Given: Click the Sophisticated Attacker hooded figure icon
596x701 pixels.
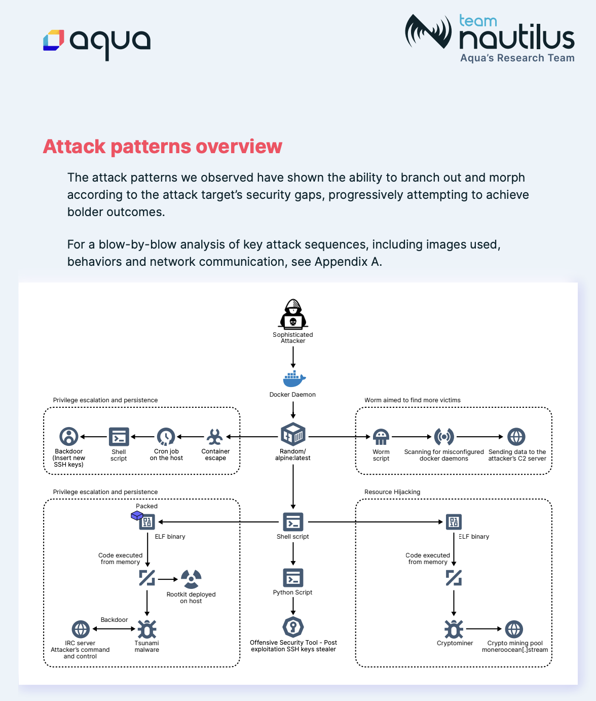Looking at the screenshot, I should pos(293,314).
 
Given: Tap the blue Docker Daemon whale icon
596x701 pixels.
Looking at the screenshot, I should pos(294,379).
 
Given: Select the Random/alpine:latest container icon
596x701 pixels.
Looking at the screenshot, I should pos(293,435).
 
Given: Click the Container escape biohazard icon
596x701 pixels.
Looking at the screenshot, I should pos(215,437).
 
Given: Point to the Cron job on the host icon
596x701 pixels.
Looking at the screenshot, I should pos(166,437).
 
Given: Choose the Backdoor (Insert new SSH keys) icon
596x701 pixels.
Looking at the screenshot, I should pos(69,437).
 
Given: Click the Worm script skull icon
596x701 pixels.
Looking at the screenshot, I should pos(381,437).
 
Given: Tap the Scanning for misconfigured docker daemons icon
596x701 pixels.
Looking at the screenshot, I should pos(444,437).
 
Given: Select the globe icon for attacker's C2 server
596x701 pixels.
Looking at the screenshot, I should pos(516,437).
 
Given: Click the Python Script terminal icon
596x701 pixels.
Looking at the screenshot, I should pos(293,578).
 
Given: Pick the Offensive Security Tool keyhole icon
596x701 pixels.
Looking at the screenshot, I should pos(293,627).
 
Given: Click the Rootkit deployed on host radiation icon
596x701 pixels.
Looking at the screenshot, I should pos(191,578).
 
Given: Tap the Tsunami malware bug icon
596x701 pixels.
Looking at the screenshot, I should pos(147,629).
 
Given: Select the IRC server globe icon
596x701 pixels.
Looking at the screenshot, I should pos(81,629).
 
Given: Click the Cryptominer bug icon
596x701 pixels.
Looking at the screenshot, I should pos(454,629).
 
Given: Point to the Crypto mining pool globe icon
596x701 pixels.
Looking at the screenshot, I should pos(514,629).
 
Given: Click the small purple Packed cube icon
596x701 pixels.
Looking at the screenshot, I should pos(136,516).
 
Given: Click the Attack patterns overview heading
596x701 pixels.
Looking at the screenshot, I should pos(162,147).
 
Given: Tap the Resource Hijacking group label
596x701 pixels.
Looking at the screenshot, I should pos(392,492).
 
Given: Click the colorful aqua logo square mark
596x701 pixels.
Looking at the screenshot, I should pos(54,41).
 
